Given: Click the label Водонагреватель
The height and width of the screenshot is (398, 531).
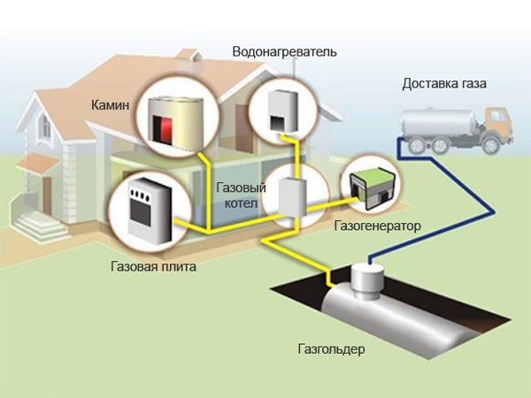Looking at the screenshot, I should [x=284, y=52].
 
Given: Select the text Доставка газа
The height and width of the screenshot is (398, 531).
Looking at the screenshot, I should [x=443, y=84].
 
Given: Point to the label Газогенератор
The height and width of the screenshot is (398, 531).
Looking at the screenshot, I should [x=377, y=226].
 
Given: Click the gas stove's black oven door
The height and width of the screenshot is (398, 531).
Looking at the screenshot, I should [x=142, y=213].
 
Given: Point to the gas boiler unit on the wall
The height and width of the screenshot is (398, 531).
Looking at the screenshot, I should [x=290, y=195].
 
